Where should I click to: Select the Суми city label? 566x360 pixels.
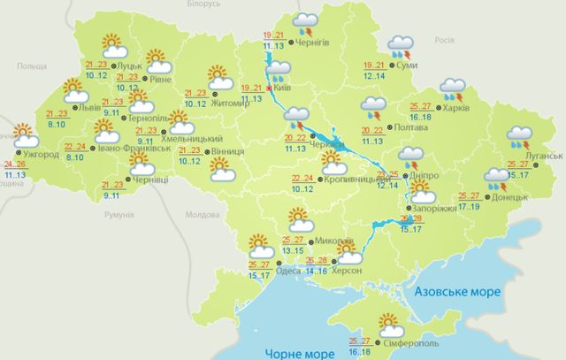(x=409, y=66)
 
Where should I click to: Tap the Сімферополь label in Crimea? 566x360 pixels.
(x=410, y=342)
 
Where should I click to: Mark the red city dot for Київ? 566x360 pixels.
(x=269, y=88)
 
